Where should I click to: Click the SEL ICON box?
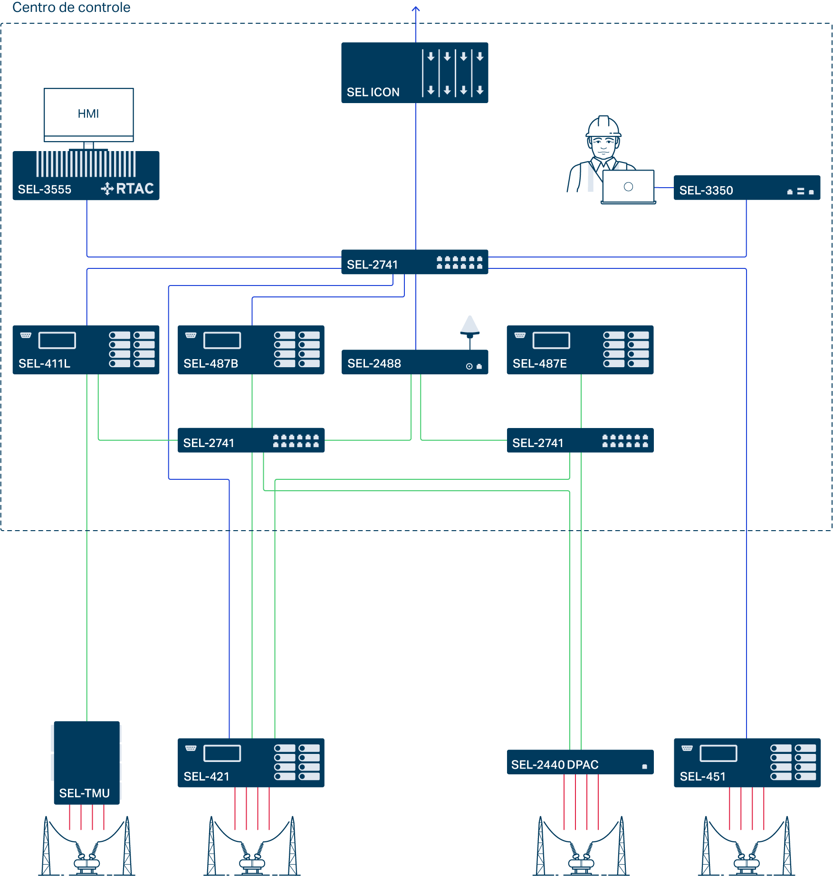[414, 73]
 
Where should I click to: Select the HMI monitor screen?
[88, 113]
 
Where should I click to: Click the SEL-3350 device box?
[747, 188]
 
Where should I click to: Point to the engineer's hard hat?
[603, 126]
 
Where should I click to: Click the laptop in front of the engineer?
[628, 187]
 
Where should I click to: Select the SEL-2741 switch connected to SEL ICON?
[414, 262]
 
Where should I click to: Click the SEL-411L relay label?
[44, 363]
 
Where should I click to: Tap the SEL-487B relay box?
[251, 350]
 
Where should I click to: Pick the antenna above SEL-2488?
[469, 325]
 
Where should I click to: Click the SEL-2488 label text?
[374, 363]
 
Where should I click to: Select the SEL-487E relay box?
[580, 350]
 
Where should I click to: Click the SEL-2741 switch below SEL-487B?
[251, 440]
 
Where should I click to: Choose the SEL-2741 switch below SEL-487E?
[580, 440]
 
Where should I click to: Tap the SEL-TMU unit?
[86, 762]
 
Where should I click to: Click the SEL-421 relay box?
[251, 762]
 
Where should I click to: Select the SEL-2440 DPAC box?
[580, 762]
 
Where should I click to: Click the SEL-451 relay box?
[747, 762]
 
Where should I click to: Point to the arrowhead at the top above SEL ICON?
[416, 8]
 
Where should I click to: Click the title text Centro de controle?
[71, 7]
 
